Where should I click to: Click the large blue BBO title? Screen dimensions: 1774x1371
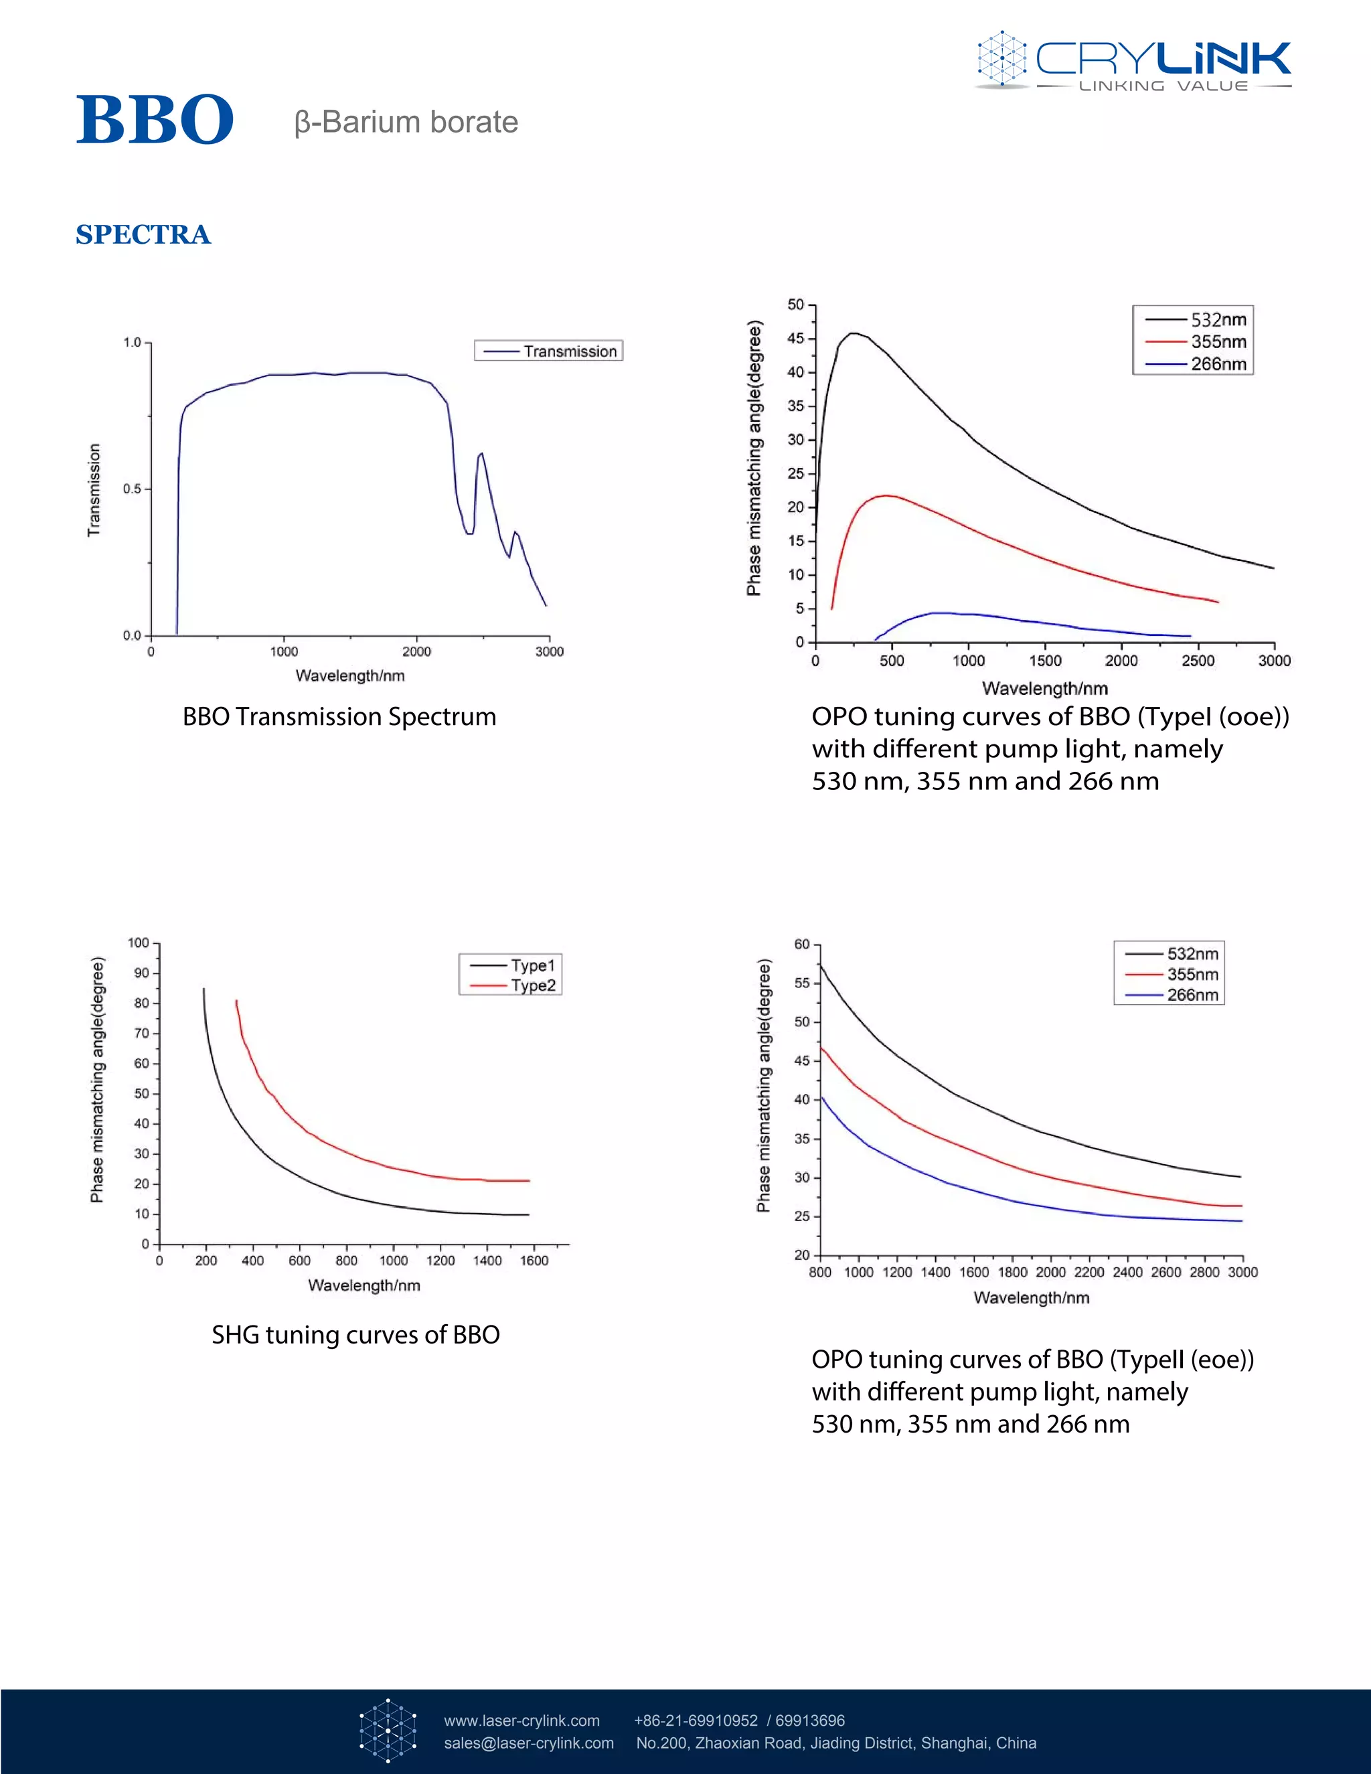click(155, 120)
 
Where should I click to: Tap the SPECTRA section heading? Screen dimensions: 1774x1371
click(143, 235)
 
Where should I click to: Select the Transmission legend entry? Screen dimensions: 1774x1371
click(549, 351)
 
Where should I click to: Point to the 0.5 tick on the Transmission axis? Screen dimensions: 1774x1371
click(133, 489)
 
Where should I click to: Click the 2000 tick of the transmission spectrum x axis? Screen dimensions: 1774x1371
click(416, 651)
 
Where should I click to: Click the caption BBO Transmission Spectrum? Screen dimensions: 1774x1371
click(339, 716)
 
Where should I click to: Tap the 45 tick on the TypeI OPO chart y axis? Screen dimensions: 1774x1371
click(796, 339)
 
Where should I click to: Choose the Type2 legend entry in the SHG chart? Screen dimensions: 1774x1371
click(511, 986)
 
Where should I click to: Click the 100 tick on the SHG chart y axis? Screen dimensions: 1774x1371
click(139, 943)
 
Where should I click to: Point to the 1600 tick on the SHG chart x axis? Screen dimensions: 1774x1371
click(534, 1261)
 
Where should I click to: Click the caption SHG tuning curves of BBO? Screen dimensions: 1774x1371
click(355, 1336)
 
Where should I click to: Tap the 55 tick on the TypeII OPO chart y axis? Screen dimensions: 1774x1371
click(803, 983)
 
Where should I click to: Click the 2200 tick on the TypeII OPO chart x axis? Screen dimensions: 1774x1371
click(1089, 1272)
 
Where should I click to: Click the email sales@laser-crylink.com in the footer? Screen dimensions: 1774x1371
click(529, 1743)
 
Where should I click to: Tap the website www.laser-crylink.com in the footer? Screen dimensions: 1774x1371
click(521, 1720)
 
